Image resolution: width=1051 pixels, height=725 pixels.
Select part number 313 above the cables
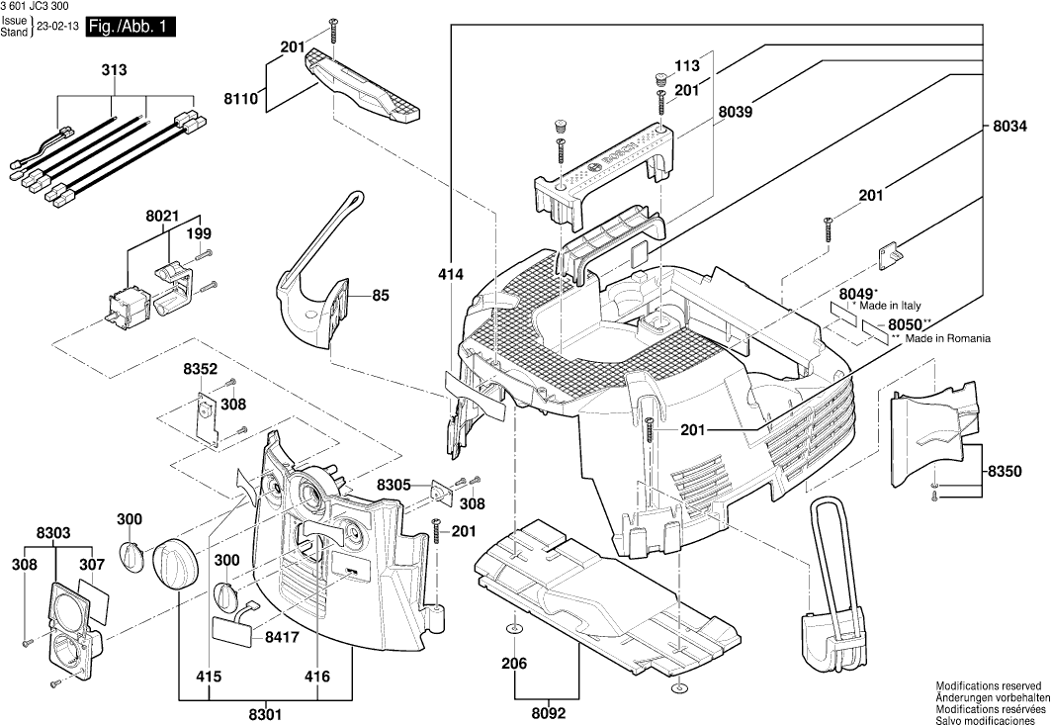114,71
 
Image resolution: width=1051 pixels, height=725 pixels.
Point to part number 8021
162,215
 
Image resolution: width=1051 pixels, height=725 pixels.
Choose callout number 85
381,295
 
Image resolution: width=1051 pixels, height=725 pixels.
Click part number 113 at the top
687,66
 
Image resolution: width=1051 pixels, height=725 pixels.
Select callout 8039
736,114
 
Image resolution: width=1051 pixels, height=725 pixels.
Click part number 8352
200,369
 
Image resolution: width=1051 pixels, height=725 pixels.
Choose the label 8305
394,485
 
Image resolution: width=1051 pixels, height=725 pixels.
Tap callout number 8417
282,640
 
